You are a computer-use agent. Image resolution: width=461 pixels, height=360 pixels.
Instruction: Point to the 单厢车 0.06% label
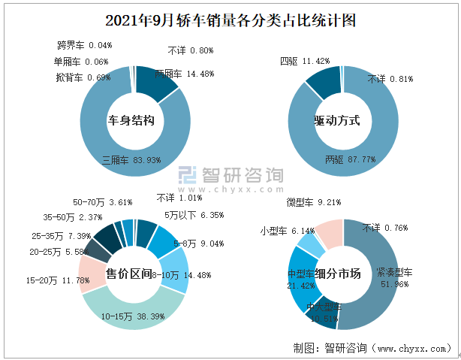pyautogui.click(x=81, y=62)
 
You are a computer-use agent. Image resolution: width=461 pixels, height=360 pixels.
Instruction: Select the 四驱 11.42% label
pyautogui.click(x=305, y=61)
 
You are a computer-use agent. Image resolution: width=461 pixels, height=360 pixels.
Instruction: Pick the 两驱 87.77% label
pyautogui.click(x=351, y=159)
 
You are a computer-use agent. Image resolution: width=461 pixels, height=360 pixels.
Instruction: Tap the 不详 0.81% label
pyautogui.click(x=390, y=78)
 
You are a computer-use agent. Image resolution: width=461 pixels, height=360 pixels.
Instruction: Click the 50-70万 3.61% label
pyautogui.click(x=103, y=202)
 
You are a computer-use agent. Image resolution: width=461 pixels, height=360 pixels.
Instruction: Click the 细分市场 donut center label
pyautogui.click(x=338, y=274)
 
